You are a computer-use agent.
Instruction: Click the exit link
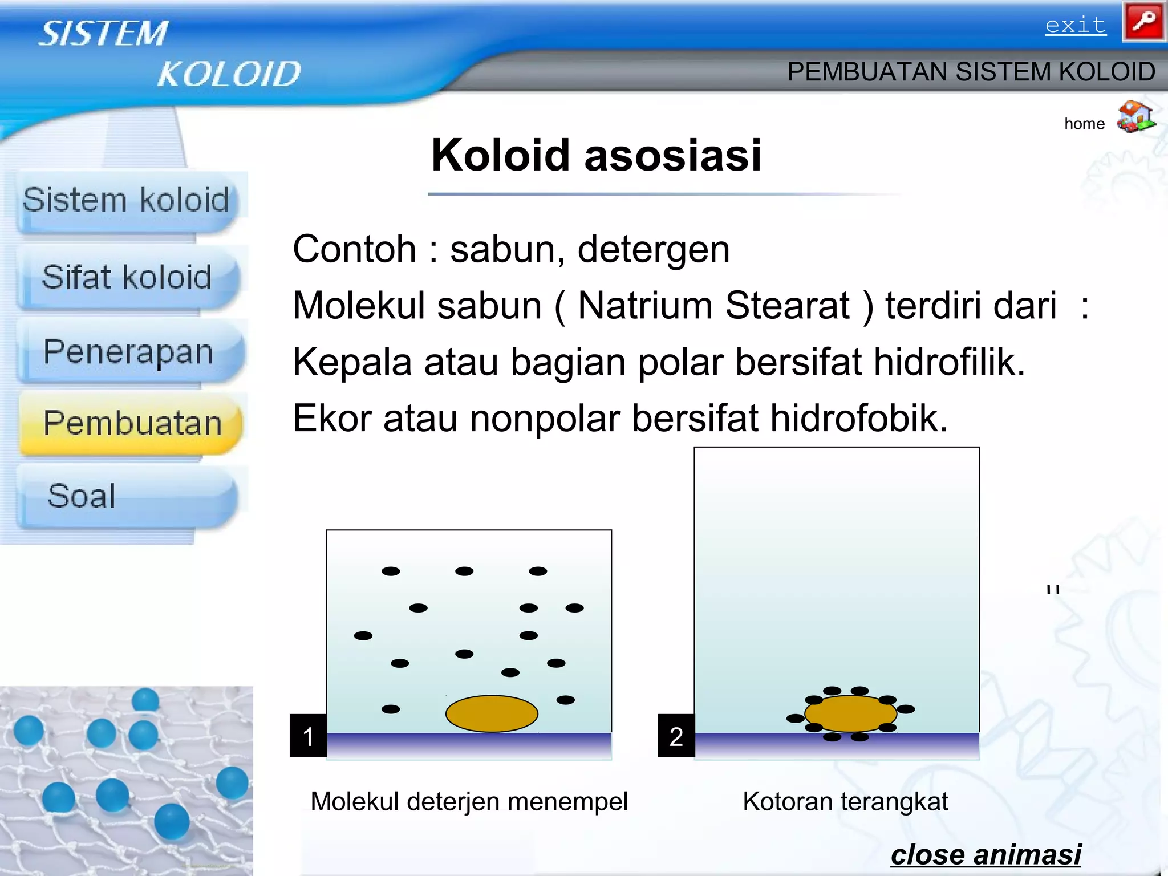pyautogui.click(x=1075, y=26)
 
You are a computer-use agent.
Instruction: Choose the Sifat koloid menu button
pyautogui.click(x=127, y=278)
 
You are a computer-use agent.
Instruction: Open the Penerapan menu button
pyautogui.click(x=129, y=352)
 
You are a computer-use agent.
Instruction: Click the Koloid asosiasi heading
pyautogui.click(x=596, y=155)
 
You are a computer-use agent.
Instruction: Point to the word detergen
pyautogui.click(x=653, y=250)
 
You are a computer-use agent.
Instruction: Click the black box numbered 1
pyautogui.click(x=308, y=736)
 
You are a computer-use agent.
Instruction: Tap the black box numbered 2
pyautogui.click(x=676, y=736)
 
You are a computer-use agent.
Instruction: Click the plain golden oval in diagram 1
pyautogui.click(x=492, y=713)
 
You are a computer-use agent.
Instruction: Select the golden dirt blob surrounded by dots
pyautogui.click(x=850, y=713)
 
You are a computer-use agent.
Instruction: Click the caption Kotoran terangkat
pyautogui.click(x=845, y=802)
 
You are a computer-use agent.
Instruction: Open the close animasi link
pyautogui.click(x=985, y=854)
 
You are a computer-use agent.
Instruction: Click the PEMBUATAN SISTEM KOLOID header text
pyautogui.click(x=971, y=72)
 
